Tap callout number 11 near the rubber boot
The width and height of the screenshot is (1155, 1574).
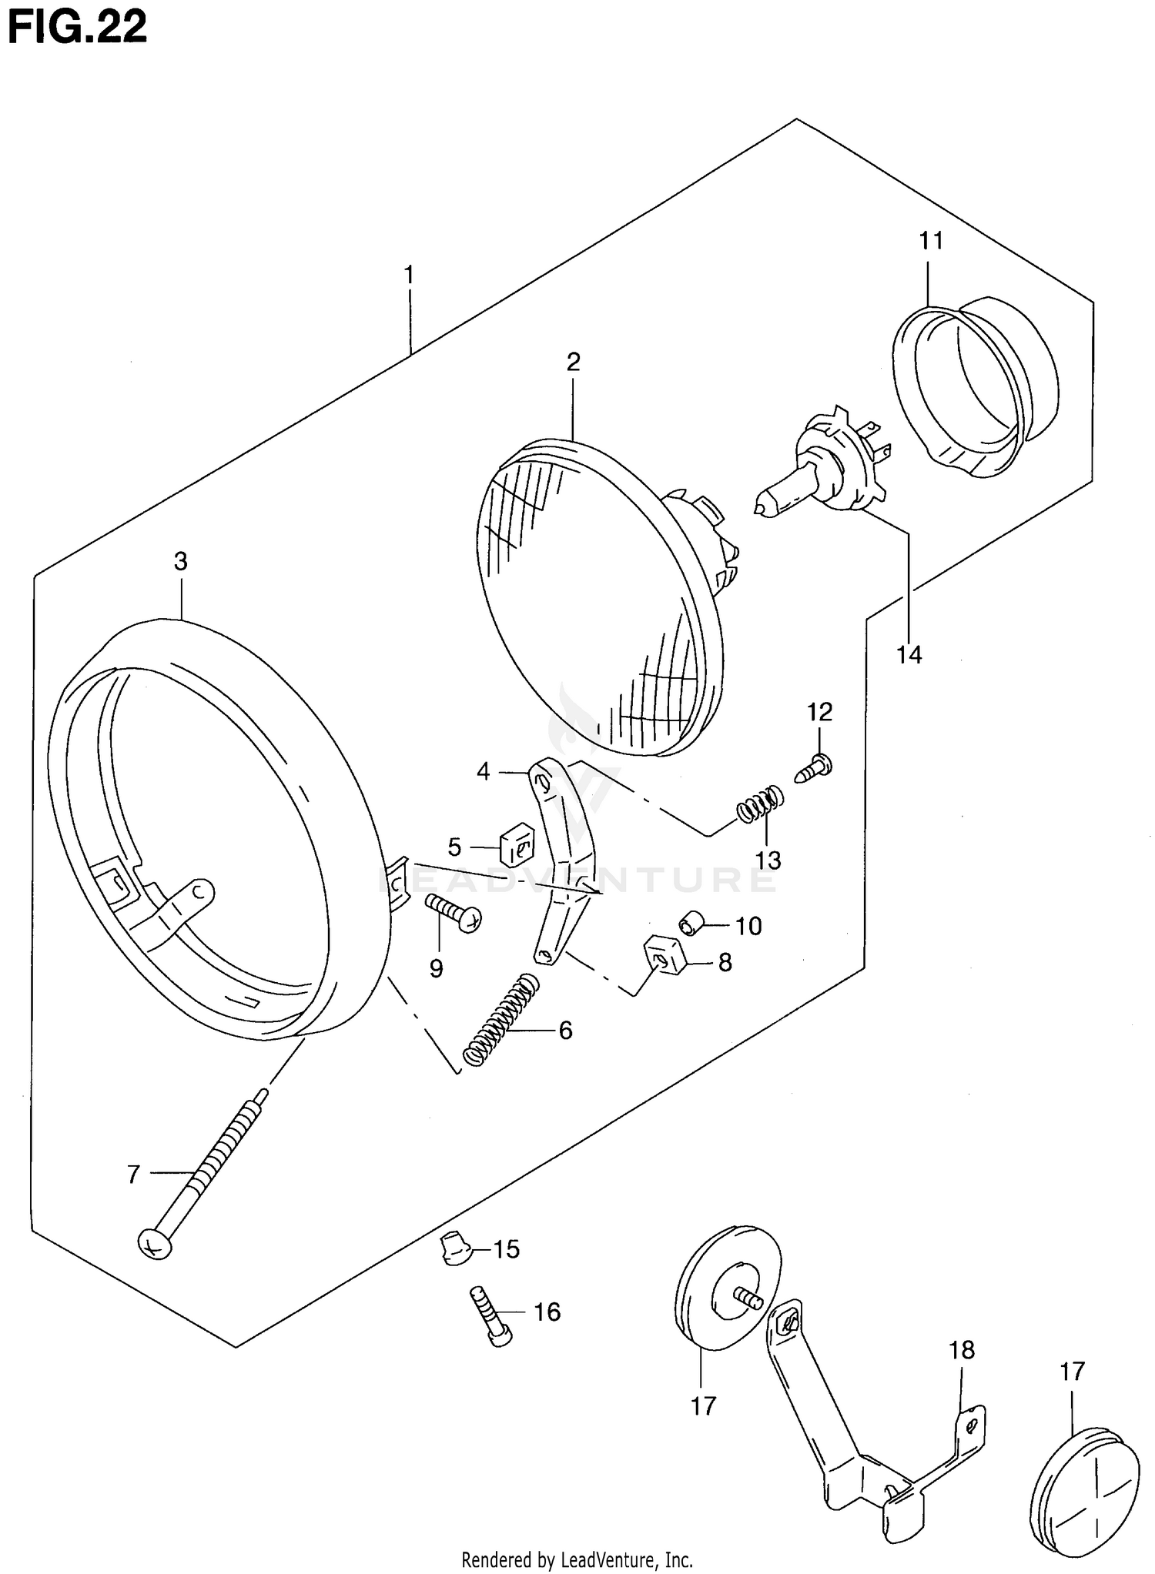point(931,241)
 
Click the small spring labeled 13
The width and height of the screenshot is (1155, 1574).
point(761,804)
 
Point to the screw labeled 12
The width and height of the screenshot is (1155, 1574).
point(813,768)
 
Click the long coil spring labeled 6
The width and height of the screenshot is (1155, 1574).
point(501,1019)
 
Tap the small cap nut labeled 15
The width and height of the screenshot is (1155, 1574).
point(454,1250)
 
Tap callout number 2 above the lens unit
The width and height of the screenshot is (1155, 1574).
point(573,362)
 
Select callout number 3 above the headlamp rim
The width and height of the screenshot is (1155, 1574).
point(180,561)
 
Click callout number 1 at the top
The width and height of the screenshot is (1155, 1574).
point(409,275)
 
